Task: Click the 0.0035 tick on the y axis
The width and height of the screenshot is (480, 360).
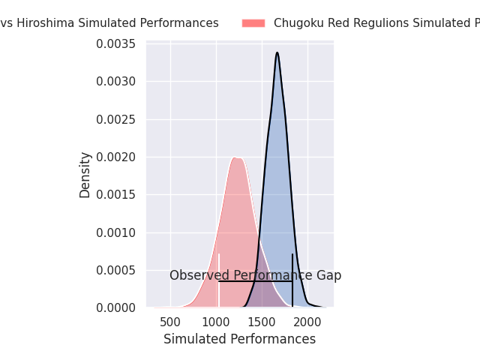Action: [x=115, y=44]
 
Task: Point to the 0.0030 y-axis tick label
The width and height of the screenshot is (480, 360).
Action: [x=115, y=82]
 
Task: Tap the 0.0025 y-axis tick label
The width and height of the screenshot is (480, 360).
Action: [x=115, y=119]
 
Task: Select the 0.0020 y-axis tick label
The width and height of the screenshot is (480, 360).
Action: [x=115, y=157]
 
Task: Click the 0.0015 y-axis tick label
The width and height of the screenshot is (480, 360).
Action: [x=115, y=195]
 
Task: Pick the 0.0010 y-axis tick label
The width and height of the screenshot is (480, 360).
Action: [x=115, y=232]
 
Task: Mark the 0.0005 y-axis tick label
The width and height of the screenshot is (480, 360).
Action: [x=115, y=270]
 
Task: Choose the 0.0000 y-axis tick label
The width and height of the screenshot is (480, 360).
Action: [x=115, y=307]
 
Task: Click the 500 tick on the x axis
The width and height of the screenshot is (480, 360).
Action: [x=171, y=322]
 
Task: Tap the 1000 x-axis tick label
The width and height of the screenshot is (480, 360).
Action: [x=217, y=322]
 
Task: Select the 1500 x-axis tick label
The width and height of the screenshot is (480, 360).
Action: [x=262, y=322]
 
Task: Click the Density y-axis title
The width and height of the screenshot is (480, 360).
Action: [x=85, y=175]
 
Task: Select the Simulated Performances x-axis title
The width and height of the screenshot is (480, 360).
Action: [x=239, y=339]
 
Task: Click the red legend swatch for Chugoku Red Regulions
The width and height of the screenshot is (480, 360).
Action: [x=253, y=23]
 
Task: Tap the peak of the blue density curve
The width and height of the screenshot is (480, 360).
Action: [x=277, y=52]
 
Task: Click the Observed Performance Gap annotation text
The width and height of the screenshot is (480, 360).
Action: [x=255, y=275]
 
